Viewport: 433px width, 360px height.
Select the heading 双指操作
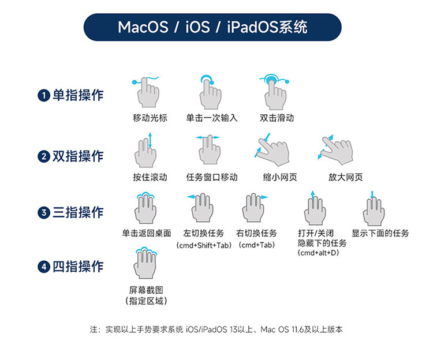[78, 156]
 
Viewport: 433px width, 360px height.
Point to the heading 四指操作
[78, 267]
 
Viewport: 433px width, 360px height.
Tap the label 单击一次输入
[212, 118]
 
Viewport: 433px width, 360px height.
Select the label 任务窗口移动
[212, 177]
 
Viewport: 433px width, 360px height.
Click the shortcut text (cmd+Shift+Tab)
[203, 245]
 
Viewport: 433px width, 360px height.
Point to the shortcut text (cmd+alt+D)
[319, 253]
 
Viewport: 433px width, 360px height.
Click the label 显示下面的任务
[380, 234]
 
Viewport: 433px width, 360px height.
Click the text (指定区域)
[147, 301]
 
